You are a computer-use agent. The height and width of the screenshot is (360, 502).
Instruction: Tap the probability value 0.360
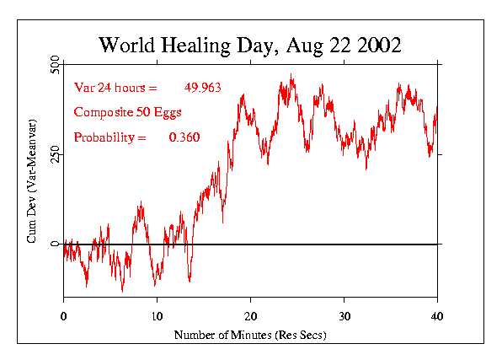184,137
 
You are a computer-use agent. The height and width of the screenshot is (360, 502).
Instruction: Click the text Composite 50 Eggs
128,112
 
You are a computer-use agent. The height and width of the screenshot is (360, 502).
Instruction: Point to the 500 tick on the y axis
54,64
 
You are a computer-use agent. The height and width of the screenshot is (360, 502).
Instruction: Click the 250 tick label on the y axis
54,154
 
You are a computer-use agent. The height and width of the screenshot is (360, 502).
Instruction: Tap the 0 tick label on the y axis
54,244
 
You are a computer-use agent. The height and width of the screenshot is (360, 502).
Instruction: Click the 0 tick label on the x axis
63,315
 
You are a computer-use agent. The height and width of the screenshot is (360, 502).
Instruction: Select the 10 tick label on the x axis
157,315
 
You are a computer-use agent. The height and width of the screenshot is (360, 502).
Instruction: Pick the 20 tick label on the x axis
250,315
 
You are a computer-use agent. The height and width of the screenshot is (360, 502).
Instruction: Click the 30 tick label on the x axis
344,315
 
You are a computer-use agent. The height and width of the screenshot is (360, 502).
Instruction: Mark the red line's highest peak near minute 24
291,75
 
